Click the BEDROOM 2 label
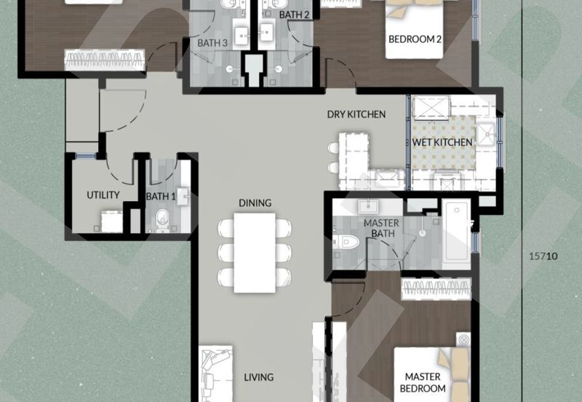pos(415,39)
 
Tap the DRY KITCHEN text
pos(356,114)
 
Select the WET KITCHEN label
pos(442,141)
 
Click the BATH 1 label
pos(160,196)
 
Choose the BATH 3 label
pos(212,43)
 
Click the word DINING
pos(255,202)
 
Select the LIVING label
pos(258,377)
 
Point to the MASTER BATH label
pos(380,227)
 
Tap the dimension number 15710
pos(543,256)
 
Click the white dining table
pos(255,251)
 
